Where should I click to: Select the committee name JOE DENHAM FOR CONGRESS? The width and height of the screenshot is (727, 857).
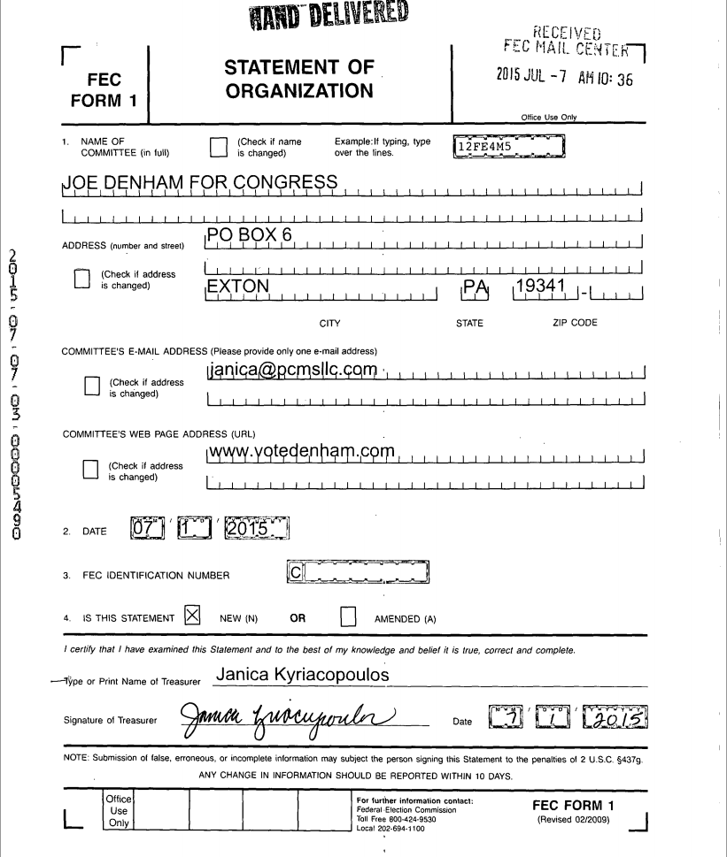coord(201,183)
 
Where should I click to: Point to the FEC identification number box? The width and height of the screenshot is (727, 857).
coord(359,573)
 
